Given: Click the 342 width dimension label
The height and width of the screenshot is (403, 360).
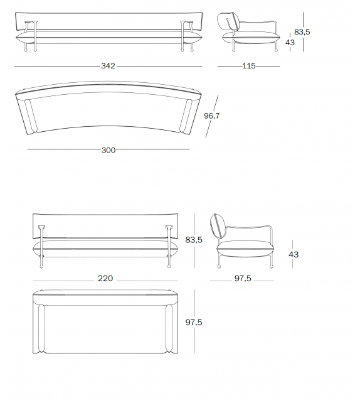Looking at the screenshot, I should [109, 66].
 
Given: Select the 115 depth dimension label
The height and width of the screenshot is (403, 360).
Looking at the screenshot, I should [248, 66].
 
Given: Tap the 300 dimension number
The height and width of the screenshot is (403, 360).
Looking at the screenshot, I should [109, 149].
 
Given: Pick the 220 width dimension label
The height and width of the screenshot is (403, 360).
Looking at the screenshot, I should [105, 278].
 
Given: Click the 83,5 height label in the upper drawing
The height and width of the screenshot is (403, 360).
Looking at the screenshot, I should [302, 31].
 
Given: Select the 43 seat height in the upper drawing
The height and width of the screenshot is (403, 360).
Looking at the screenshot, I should [290, 42].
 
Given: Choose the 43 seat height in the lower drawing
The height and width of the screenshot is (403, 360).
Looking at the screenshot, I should [294, 254].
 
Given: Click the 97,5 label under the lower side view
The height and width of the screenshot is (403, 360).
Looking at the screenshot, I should [242, 278].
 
